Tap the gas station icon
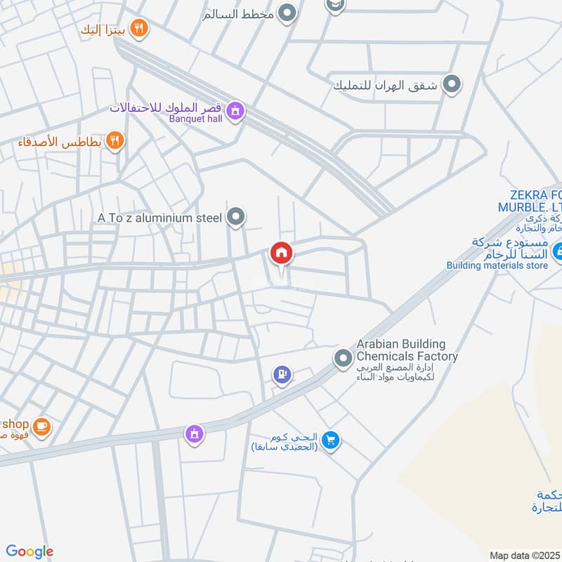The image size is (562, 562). point(282,376)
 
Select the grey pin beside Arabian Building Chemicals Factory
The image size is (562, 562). point(343,359)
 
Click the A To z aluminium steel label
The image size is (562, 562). point(160,218)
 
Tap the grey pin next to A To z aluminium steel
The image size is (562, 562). point(237,218)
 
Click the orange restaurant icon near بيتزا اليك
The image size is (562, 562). point(140,28)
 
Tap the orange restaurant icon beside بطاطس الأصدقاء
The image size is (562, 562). point(116,141)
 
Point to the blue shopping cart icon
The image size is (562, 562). point(332,440)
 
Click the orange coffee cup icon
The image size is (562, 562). point(41,426)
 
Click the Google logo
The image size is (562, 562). point(29,551)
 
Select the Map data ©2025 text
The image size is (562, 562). point(523,555)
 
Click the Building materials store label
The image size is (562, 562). point(497,266)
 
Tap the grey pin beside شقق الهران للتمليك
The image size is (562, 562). point(454,85)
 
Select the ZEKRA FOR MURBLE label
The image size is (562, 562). point(530,202)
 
